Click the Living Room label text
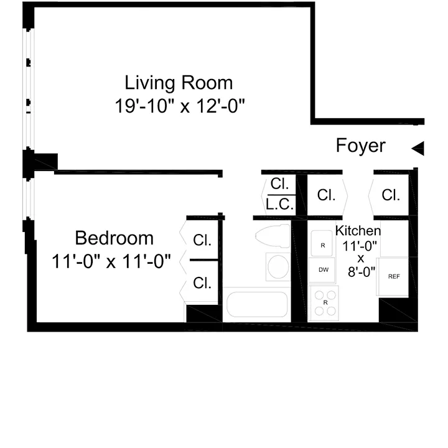tap(179, 82)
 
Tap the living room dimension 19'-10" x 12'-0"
tap(180, 106)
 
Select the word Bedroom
tap(114, 238)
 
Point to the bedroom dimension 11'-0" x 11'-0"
tap(111, 261)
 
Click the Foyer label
tap(361, 146)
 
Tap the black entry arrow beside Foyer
tap(418, 148)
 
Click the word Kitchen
tap(358, 231)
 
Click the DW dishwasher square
tap(324, 270)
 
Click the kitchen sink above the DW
tap(323, 244)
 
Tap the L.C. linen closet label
tap(279, 204)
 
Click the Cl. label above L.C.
tap(278, 184)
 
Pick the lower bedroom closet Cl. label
tap(202, 283)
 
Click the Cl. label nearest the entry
tap(391, 195)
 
